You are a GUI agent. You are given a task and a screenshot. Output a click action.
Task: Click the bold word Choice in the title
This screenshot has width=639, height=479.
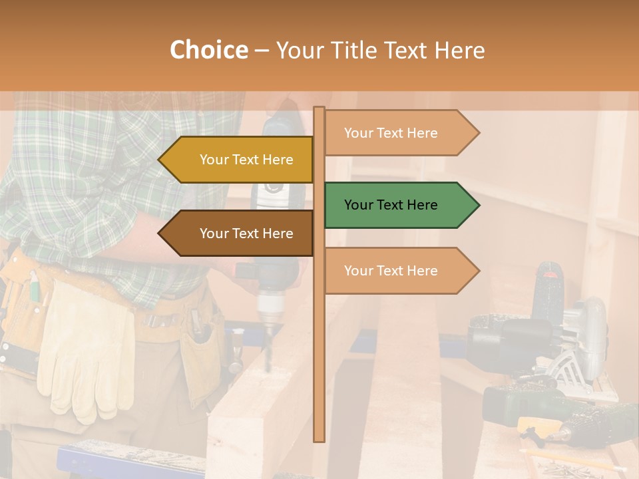pos(208,51)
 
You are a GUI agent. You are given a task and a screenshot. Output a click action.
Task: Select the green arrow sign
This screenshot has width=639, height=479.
pos(399,205)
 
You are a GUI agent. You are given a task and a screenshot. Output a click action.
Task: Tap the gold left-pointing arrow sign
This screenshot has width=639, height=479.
pos(237,160)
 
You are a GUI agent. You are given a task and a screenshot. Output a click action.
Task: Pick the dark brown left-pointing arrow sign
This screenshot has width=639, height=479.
pos(237,233)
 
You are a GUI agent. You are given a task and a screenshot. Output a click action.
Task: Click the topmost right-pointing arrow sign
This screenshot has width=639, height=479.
pos(399,133)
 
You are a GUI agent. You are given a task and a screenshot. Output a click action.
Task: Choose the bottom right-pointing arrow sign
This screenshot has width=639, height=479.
pos(399,271)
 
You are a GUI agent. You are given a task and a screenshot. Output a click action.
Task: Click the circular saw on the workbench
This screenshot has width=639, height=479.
pos(572,339)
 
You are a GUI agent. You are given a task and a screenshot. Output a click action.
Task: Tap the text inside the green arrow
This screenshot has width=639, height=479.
pos(391,205)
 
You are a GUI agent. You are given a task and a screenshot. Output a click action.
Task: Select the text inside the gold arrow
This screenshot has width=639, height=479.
pos(246,160)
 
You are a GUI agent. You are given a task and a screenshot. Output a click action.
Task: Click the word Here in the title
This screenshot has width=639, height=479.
pos(459,51)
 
